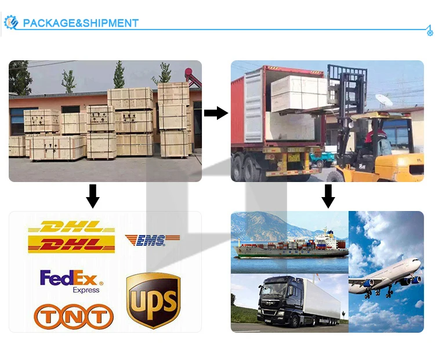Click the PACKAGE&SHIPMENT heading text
[81, 23]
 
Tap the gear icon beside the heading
[11, 23]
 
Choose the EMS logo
[152, 239]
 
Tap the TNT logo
[73, 317]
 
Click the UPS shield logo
[153, 300]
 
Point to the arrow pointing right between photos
[216, 113]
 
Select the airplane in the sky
[386, 276]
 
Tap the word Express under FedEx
[86, 290]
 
